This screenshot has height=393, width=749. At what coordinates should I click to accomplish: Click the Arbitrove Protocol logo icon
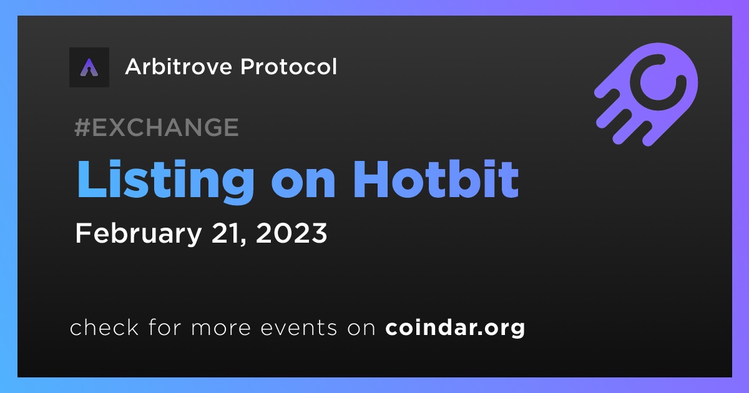(89, 67)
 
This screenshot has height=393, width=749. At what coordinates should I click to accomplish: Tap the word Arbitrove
(179, 67)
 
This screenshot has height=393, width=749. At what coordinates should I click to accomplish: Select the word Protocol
(288, 67)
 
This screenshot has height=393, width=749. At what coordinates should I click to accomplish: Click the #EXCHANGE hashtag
(157, 127)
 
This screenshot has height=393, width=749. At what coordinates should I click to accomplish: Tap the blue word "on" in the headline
(303, 184)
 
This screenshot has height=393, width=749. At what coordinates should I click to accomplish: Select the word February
(139, 234)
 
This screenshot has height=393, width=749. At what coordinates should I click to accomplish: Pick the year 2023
(291, 233)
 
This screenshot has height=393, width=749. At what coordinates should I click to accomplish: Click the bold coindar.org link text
(455, 328)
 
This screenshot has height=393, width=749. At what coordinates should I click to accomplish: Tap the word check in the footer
(104, 327)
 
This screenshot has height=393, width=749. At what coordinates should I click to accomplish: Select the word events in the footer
(299, 327)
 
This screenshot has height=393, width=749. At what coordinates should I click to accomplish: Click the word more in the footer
(221, 328)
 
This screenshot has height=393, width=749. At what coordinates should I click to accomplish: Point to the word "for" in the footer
(165, 327)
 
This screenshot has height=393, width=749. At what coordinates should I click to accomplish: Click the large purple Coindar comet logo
(647, 94)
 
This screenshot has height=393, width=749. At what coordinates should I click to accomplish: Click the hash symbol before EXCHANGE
(82, 127)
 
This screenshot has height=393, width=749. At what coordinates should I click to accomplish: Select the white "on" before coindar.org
(361, 328)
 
